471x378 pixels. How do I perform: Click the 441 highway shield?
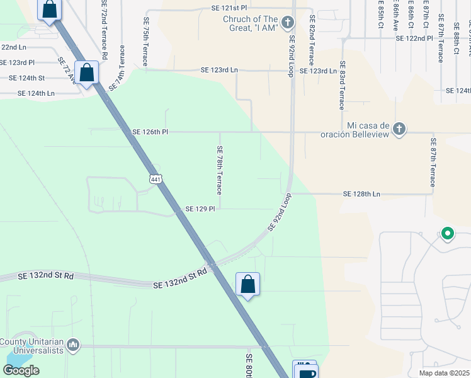(156, 180)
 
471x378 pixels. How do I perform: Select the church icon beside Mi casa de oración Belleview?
(398, 129)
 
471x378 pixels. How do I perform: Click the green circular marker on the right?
(448, 234)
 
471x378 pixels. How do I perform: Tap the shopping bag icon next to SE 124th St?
(87, 72)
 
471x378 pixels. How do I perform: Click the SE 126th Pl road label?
(150, 132)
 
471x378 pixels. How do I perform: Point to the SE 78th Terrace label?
(220, 170)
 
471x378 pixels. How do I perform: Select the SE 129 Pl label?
(200, 209)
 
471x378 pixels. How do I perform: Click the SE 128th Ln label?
(361, 194)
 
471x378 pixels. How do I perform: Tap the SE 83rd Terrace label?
(343, 86)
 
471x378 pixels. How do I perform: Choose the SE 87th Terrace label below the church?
(433, 163)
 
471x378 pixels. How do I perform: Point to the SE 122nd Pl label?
(414, 38)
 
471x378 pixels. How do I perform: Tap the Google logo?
(21, 370)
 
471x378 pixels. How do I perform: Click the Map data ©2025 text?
(445, 373)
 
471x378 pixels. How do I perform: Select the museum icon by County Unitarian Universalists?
(74, 345)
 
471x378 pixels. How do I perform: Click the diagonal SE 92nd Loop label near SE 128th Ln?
(281, 212)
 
